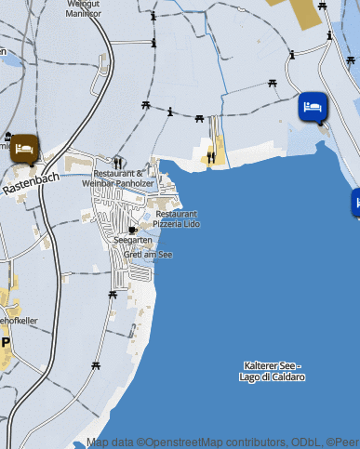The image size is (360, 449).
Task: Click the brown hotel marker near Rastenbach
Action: pos(24,147)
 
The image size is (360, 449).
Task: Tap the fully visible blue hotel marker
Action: pos(313,107)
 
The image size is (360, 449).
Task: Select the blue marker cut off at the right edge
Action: pos(356,202)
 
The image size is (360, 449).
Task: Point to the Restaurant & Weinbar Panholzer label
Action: pos(118,178)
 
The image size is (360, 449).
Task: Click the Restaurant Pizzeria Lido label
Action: pos(177,218)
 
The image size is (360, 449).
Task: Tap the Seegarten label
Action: pos(132,240)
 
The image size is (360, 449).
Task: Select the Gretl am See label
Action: pos(148,254)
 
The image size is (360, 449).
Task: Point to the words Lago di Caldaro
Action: pos(272,376)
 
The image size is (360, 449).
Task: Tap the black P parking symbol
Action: pos(6,342)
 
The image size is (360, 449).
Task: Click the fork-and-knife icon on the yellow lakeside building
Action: pos(211,157)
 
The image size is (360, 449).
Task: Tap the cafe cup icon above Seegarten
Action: pos(133,228)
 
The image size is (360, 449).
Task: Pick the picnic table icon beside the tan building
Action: pos(322,7)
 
